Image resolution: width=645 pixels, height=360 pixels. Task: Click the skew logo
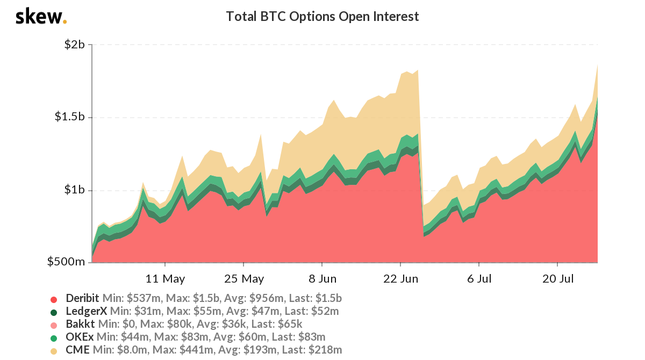(x=41, y=17)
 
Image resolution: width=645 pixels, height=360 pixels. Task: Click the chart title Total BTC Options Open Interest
(x=322, y=17)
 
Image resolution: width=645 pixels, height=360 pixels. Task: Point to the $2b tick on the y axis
(x=74, y=44)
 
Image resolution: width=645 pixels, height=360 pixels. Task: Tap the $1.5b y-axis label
(x=70, y=117)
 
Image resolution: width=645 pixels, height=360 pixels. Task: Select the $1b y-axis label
(x=74, y=190)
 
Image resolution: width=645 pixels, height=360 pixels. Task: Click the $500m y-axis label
(x=67, y=262)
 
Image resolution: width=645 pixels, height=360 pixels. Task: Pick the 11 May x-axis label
(x=165, y=278)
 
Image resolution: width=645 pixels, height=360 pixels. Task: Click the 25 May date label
(x=243, y=278)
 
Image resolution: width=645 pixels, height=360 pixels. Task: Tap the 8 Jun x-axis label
(x=322, y=278)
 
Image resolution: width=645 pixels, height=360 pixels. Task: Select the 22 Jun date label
(x=400, y=278)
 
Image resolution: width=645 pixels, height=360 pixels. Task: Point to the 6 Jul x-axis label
(x=479, y=278)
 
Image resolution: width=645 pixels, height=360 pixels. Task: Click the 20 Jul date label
(x=557, y=278)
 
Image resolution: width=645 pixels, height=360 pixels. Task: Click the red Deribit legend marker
(x=53, y=299)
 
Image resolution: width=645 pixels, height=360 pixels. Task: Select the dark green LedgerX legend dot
(x=53, y=312)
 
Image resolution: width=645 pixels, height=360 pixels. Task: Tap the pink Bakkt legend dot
(x=53, y=325)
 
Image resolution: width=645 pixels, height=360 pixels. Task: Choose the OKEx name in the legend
(x=79, y=337)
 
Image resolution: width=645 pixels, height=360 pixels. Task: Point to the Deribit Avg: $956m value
(x=239, y=298)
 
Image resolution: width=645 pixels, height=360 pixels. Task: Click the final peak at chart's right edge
(x=598, y=66)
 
